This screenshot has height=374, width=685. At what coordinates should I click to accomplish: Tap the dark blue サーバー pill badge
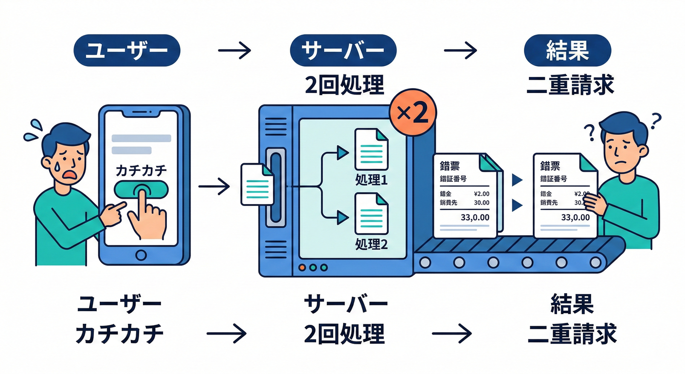[343, 51]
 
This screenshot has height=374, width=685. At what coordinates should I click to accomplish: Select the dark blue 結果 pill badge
[568, 51]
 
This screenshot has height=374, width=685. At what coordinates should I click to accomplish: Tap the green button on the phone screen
[141, 189]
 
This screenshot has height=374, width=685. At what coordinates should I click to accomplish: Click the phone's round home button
[141, 255]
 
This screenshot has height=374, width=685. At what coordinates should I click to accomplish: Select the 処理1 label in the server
[371, 180]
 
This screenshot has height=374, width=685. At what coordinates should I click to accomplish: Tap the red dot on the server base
[302, 267]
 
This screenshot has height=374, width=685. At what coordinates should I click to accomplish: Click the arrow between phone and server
[214, 186]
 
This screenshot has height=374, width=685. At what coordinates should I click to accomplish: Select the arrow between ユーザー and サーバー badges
[234, 50]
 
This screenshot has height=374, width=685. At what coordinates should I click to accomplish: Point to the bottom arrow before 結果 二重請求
[451, 334]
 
